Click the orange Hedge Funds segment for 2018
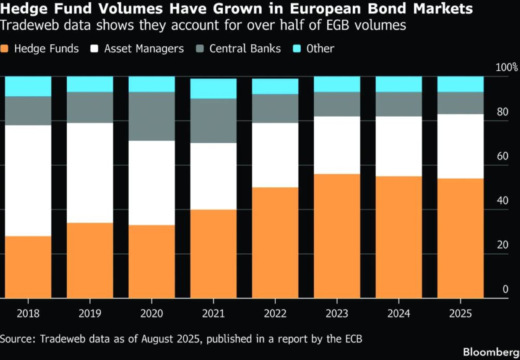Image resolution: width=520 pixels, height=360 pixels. click(28, 267)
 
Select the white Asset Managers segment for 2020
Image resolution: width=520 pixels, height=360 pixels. click(152, 183)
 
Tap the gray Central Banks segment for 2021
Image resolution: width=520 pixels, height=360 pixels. click(214, 121)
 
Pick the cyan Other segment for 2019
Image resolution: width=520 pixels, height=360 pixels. click(90, 84)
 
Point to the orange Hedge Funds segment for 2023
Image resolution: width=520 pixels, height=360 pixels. click(337, 236)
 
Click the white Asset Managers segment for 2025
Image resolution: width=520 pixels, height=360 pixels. click(460, 146)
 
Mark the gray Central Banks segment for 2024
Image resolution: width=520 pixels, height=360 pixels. click(399, 104)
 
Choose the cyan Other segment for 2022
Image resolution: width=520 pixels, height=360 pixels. click(275, 86)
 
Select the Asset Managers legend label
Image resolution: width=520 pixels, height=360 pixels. click(144, 49)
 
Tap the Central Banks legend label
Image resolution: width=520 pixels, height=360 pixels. click(245, 49)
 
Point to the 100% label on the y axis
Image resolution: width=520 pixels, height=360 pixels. click(507, 68)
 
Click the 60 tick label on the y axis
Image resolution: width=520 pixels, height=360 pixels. click(502, 157)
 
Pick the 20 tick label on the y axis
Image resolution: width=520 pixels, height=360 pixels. click(502, 245)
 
